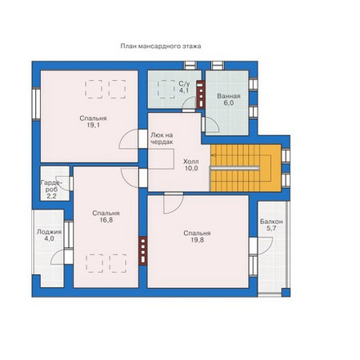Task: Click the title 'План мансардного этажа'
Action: pyautogui.click(x=161, y=46)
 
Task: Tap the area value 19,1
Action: pyautogui.click(x=93, y=125)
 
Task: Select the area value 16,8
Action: pyautogui.click(x=106, y=220)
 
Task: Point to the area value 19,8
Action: pyautogui.click(x=197, y=240)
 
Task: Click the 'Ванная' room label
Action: pyautogui.click(x=228, y=96)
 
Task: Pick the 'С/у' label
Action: pyautogui.click(x=184, y=83)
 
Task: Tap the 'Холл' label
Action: pyautogui.click(x=191, y=161)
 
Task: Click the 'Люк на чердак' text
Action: pyautogui.click(x=162, y=138)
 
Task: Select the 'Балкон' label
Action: pyautogui.click(x=272, y=222)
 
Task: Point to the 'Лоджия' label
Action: pyautogui.click(x=49, y=232)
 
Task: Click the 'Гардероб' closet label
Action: pyautogui.click(x=52, y=186)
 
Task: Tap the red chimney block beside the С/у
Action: pyautogui.click(x=200, y=95)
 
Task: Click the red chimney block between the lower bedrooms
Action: pyautogui.click(x=143, y=251)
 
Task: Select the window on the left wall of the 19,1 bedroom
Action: pyautogui.click(x=36, y=104)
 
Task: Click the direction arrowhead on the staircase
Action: pyautogui.click(x=214, y=155)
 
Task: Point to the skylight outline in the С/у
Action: pyautogui.click(x=166, y=89)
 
